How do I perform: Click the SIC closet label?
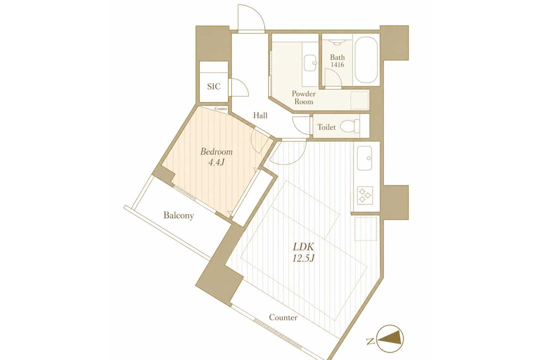tap(214, 86)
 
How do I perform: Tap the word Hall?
tap(260, 115)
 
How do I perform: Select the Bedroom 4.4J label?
tap(216, 157)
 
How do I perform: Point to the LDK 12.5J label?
tap(303, 252)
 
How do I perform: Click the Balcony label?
tap(178, 215)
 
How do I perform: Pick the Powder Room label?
tap(304, 97)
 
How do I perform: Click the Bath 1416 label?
tap(337, 61)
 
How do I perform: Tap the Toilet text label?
tap(326, 127)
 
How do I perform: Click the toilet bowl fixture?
tap(350, 126)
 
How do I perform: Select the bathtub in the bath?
tap(366, 60)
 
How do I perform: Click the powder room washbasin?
tap(310, 63)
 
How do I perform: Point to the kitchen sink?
tap(364, 158)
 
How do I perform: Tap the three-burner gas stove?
tap(365, 195)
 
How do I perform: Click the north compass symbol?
tap(390, 339)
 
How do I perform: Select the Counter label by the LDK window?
tap(283, 317)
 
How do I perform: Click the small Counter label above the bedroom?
tap(221, 109)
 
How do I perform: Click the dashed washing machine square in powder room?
tap(359, 100)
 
